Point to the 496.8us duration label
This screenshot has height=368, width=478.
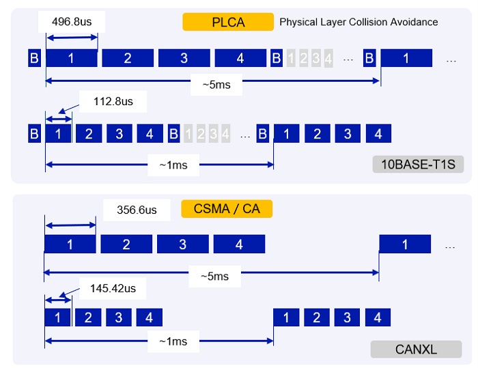click(x=72, y=22)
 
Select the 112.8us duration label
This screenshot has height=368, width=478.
click(x=113, y=102)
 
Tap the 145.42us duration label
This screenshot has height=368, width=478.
click(x=113, y=289)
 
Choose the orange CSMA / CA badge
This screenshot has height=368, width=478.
click(x=227, y=208)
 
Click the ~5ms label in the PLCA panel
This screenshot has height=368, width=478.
click(x=212, y=85)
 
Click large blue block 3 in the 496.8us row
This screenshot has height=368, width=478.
click(x=184, y=58)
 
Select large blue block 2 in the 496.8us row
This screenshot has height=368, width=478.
click(x=128, y=58)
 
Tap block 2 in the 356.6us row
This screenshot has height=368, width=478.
click(x=126, y=244)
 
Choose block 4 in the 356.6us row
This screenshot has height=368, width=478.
click(x=239, y=244)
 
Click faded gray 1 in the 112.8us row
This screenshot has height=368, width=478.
click(x=188, y=133)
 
